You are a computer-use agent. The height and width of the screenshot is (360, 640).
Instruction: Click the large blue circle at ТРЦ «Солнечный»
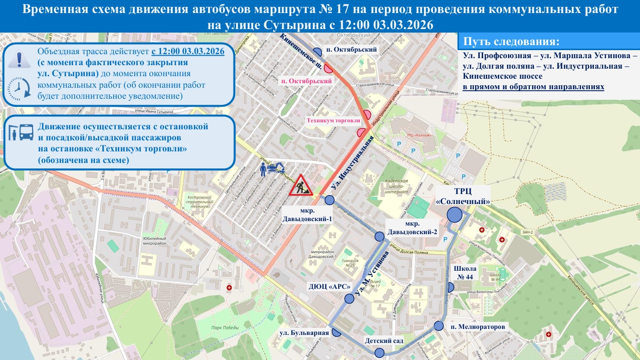(x=455, y=215)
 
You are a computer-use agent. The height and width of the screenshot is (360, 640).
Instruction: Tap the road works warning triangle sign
(x=301, y=186)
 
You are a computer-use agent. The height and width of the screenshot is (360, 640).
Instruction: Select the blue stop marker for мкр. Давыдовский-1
(x=329, y=200)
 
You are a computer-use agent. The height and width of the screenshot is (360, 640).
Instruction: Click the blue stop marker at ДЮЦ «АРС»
(x=349, y=299)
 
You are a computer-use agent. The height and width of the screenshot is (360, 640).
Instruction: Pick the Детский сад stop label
(x=384, y=341)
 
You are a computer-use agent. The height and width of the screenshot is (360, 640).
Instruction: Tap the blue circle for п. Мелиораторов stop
(x=439, y=326)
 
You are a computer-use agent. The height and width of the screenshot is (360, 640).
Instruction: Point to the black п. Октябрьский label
(x=358, y=50)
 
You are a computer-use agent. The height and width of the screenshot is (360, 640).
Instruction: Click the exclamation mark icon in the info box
(x=19, y=59)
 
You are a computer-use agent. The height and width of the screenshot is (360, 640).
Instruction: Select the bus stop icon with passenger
(x=20, y=132)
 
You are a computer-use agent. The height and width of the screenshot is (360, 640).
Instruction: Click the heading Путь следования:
(x=511, y=42)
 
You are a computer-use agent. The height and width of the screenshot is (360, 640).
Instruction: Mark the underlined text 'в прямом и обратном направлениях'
(x=533, y=87)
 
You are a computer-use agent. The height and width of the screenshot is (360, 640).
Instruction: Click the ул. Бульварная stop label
(x=304, y=332)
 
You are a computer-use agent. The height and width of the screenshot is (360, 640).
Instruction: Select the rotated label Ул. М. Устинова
(x=371, y=272)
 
